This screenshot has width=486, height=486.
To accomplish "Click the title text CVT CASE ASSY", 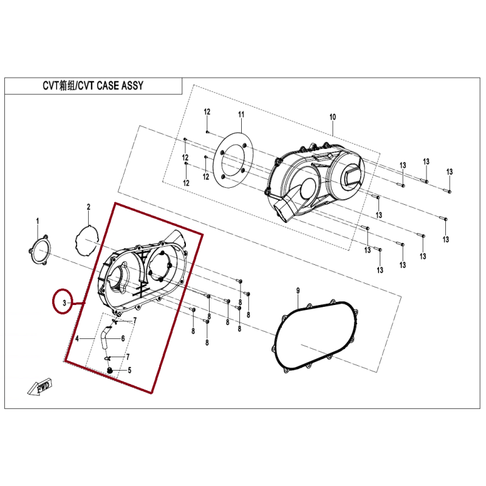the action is coord(111,86).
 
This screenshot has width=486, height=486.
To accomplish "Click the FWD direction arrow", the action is coord(40,388).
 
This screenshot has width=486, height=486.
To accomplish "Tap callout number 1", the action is coord(38,221).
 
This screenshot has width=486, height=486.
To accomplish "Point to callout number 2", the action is coord(88,207).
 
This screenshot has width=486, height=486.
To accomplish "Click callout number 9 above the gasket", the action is coord(298,291).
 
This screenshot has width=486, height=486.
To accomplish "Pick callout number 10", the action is coord(332,117).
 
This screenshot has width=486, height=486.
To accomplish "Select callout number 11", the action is coord(241,115).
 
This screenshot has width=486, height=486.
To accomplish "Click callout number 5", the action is coord(129,371).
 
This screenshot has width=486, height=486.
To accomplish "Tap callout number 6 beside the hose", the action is coord(123,338).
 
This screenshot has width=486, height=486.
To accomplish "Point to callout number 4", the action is coord(77,338).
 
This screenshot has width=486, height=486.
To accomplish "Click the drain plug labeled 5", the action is coord(109,370).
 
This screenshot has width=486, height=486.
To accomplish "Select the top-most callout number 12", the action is coord(207,112).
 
